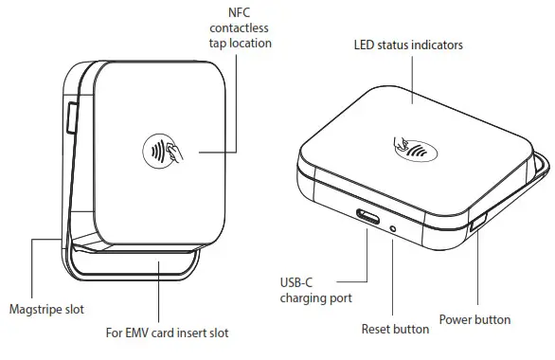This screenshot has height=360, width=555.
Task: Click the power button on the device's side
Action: (x=476, y=225)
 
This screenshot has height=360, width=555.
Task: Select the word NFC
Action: (x=240, y=11)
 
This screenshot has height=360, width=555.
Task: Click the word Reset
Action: (x=377, y=329)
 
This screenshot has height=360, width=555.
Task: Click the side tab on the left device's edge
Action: (x=73, y=118)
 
